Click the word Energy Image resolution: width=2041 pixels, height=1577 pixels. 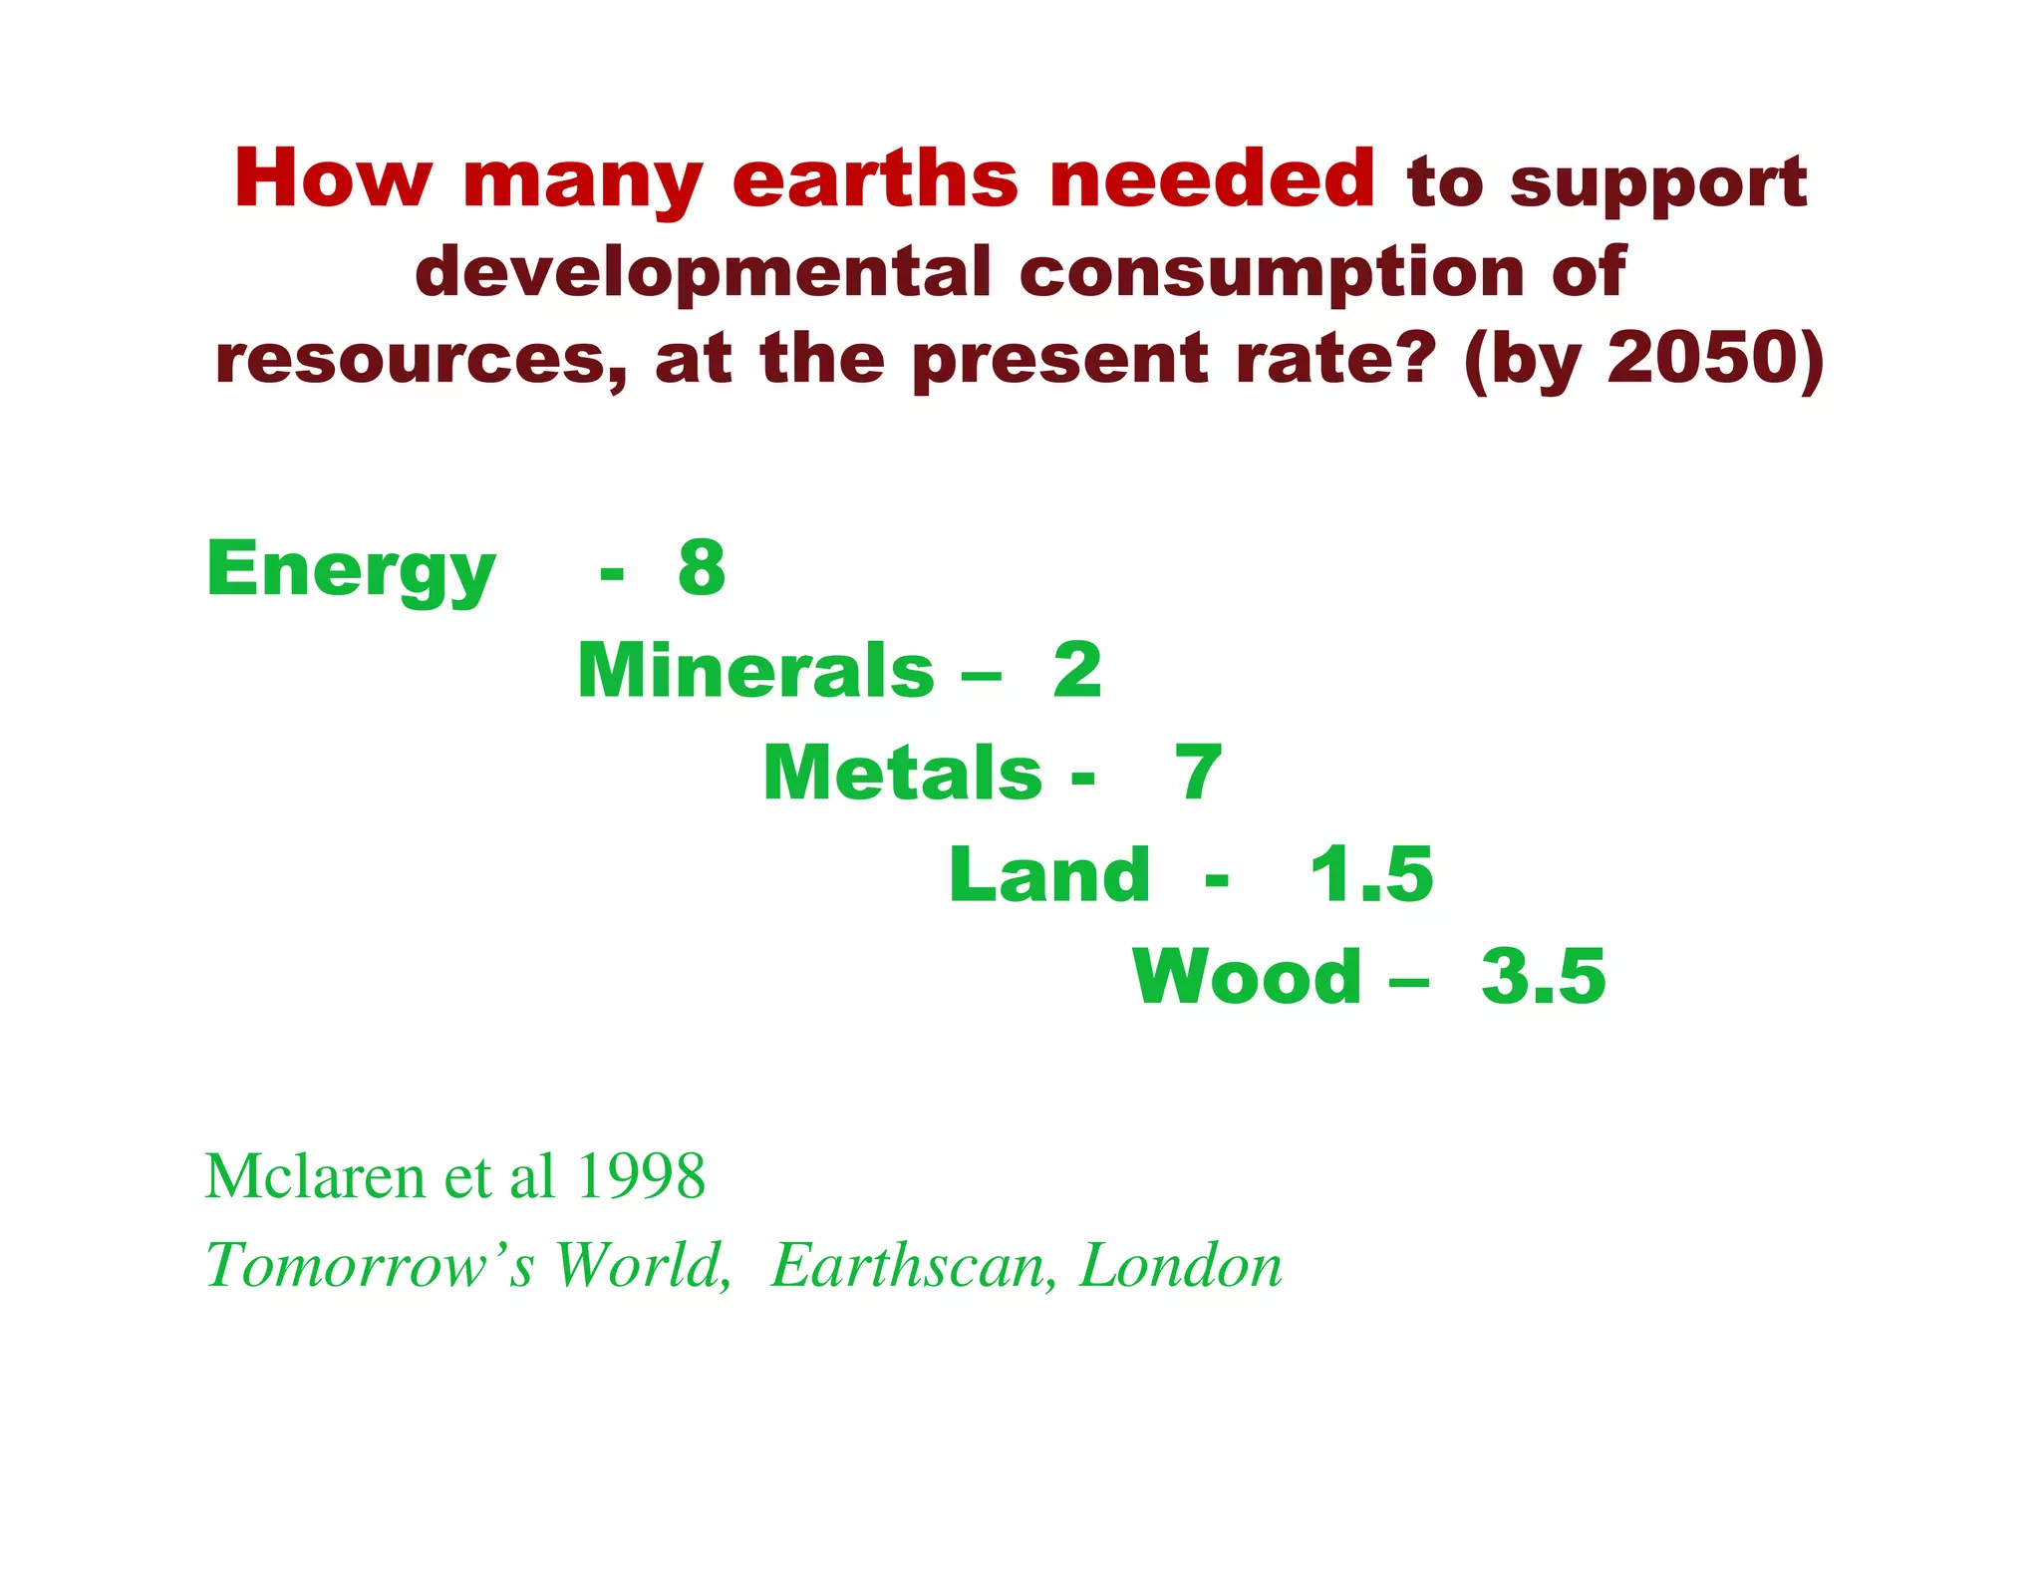pyautogui.click(x=350, y=569)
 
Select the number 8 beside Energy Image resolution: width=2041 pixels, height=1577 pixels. pyautogui.click(x=702, y=568)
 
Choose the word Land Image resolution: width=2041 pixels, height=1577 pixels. pyautogui.click(x=1048, y=874)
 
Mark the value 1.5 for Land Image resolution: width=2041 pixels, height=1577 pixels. pyautogui.click(x=1371, y=874)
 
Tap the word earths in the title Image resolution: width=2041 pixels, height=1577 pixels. pyautogui.click(x=875, y=179)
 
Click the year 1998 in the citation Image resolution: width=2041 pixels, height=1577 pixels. pyautogui.click(x=641, y=1176)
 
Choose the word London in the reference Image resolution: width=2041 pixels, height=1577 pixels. pyautogui.click(x=1181, y=1266)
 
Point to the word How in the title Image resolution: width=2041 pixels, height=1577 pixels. pyautogui.click(x=333, y=179)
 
